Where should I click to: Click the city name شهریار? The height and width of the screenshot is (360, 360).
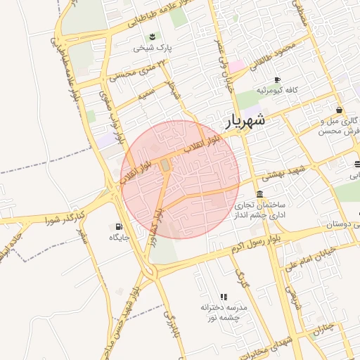click(245, 120)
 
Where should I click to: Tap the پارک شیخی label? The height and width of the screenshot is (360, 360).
click(153, 49)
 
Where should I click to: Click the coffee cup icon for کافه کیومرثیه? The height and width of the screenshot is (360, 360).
click(278, 79)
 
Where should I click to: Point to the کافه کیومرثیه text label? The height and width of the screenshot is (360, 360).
click(278, 91)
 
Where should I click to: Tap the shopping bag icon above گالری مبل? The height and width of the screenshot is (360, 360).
click(340, 110)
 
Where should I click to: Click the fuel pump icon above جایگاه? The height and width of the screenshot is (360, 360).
click(117, 226)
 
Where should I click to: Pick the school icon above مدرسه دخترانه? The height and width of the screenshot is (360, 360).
click(224, 297)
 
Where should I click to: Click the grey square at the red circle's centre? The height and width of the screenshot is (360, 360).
click(165, 165)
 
